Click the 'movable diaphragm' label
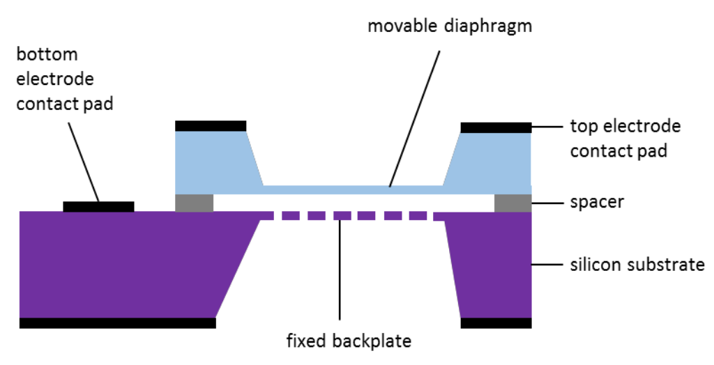pyautogui.click(x=450, y=26)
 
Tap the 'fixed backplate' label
pyautogui.click(x=349, y=341)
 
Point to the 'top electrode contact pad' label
pyautogui.click(x=625, y=138)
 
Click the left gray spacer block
pyautogui.click(x=194, y=203)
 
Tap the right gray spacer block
pyautogui.click(x=512, y=203)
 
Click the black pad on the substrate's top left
pyautogui.click(x=98, y=206)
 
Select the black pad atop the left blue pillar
pyautogui.click(x=211, y=125)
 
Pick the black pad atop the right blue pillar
pyautogui.click(x=496, y=127)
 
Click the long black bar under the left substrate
pyautogui.click(x=117, y=323)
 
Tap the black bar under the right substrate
pyautogui.click(x=496, y=323)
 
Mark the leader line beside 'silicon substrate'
pyautogui.click(x=547, y=265)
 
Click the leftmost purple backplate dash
pyautogui.click(x=268, y=216)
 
